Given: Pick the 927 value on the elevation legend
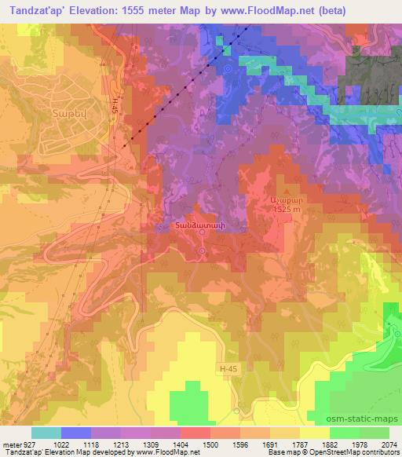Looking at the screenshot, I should point(29,444).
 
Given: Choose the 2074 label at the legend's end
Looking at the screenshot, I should point(389,444).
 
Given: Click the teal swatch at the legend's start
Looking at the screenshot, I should point(46,433).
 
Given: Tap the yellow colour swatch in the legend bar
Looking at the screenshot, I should point(315,433).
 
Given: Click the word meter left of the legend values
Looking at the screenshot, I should point(12,444).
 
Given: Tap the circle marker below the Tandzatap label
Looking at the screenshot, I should point(201,251).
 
